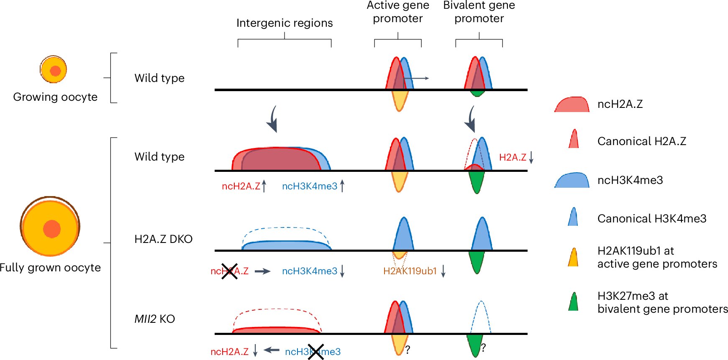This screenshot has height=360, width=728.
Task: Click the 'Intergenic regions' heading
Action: (x=285, y=23)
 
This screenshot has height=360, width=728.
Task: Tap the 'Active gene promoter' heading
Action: (x=398, y=12)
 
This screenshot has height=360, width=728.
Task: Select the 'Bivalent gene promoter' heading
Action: (x=479, y=12)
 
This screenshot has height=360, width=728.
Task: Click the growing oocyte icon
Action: (x=54, y=69)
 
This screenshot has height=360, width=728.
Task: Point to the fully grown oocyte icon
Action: (x=50, y=227)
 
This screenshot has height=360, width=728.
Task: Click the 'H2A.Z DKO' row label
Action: (x=163, y=239)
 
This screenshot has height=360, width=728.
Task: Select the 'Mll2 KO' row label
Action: (x=154, y=319)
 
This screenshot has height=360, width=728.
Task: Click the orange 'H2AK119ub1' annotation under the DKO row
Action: (x=410, y=271)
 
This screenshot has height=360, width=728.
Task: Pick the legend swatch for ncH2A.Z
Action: (x=572, y=105)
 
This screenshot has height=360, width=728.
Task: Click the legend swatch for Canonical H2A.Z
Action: (x=574, y=139)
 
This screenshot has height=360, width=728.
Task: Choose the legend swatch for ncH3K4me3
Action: (x=572, y=181)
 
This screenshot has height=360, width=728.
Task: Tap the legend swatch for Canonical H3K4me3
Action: (x=573, y=217)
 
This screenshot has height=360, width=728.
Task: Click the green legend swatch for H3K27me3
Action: (x=573, y=302)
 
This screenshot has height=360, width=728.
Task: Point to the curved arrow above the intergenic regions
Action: (x=272, y=119)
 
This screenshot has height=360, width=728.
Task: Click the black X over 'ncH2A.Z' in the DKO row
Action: (x=229, y=271)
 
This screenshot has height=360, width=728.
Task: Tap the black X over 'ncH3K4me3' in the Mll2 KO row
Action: (x=315, y=352)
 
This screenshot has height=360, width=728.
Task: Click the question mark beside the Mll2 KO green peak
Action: (x=483, y=348)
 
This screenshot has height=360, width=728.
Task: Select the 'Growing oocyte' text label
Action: (x=55, y=97)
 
